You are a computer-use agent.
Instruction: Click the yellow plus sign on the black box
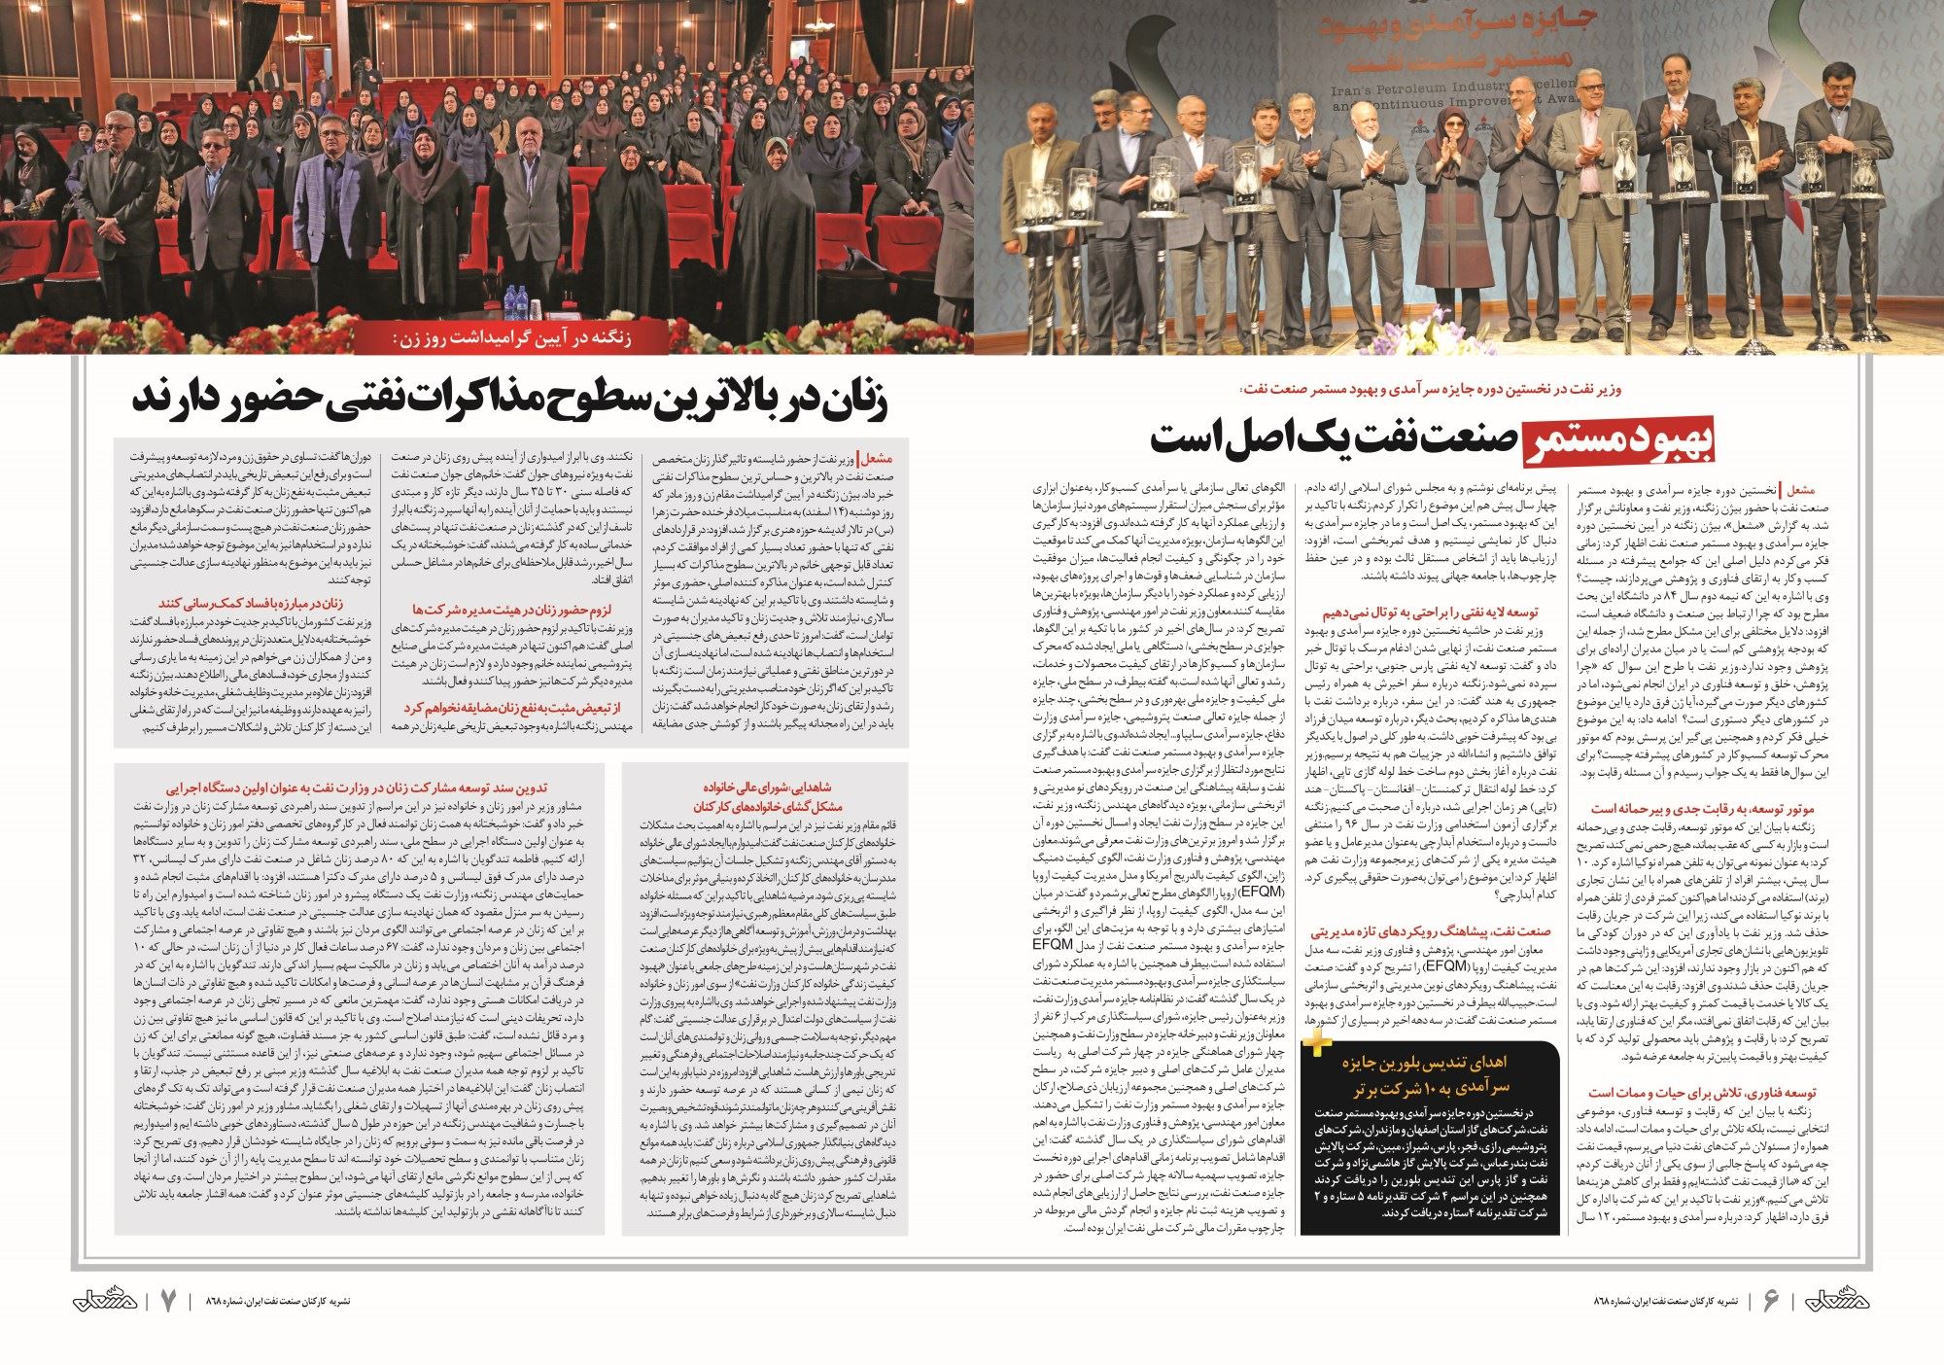click(x=1317, y=1044)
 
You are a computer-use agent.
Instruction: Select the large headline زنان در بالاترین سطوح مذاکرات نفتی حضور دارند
click(x=512, y=401)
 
